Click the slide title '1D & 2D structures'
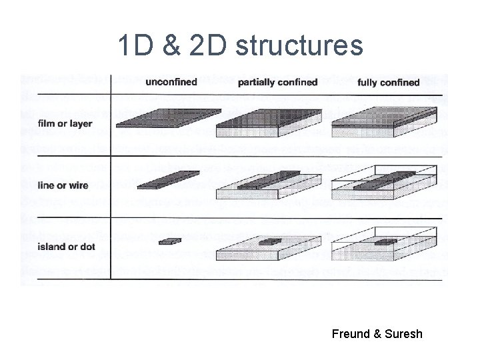tap(240, 45)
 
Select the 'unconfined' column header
tap(171, 82)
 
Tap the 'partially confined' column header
tap(277, 82)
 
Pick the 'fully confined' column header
tap(388, 83)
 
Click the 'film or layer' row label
tap(65, 123)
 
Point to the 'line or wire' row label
tap(63, 185)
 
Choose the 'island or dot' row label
tap(67, 247)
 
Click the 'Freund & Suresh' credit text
tap(377, 333)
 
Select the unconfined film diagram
tap(168, 117)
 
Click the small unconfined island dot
tap(170, 241)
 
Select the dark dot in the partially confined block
tap(269, 241)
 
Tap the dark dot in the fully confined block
tap(385, 241)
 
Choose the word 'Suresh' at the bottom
tap(403, 333)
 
